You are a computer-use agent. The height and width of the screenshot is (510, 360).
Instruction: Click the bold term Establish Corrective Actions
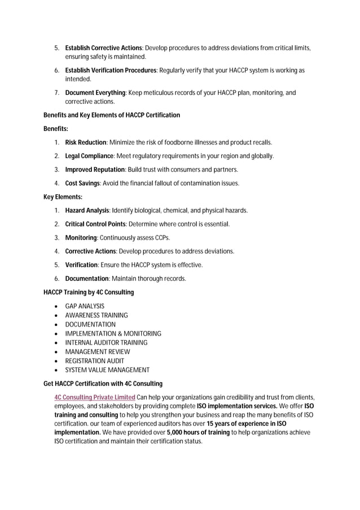click(103, 47)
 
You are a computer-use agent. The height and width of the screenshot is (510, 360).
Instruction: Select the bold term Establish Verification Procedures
click(111, 70)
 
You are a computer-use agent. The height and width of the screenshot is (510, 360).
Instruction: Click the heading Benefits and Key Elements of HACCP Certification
click(112, 115)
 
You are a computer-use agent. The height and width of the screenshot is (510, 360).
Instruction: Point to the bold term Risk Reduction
click(86, 142)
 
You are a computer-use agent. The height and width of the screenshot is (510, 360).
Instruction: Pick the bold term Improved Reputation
click(95, 169)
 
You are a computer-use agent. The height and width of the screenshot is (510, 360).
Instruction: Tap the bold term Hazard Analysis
click(87, 211)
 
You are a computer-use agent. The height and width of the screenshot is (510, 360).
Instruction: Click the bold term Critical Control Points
click(95, 224)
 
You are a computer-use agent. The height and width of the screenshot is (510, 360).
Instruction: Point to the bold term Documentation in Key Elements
click(87, 278)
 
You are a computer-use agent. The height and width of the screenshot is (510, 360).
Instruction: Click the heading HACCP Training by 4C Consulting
click(89, 293)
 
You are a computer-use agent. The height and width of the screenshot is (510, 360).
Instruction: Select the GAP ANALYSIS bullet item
click(85, 306)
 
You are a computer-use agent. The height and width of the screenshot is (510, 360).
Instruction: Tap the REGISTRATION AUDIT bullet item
click(95, 361)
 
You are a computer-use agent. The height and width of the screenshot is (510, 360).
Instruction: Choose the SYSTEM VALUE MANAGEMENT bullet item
click(107, 370)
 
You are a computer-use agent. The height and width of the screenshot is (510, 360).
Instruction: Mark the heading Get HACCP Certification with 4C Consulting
click(103, 383)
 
